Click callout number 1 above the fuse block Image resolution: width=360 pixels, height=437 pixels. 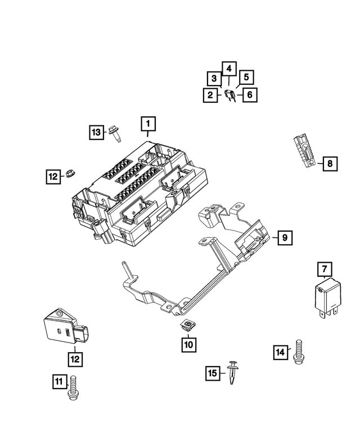[148, 123]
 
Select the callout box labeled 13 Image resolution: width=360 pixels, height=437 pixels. [97, 132]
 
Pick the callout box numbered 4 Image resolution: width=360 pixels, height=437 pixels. [228, 68]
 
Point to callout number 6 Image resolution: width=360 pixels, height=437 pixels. [249, 95]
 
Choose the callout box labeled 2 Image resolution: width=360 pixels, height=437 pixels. [210, 95]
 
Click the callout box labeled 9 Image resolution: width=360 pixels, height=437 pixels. [285, 238]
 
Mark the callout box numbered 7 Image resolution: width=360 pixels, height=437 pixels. [324, 269]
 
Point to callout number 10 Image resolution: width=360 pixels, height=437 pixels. [188, 343]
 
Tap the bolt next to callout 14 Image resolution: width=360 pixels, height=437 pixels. [298, 352]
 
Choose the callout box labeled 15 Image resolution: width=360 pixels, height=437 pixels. [212, 372]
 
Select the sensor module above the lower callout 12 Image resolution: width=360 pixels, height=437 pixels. [63, 329]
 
